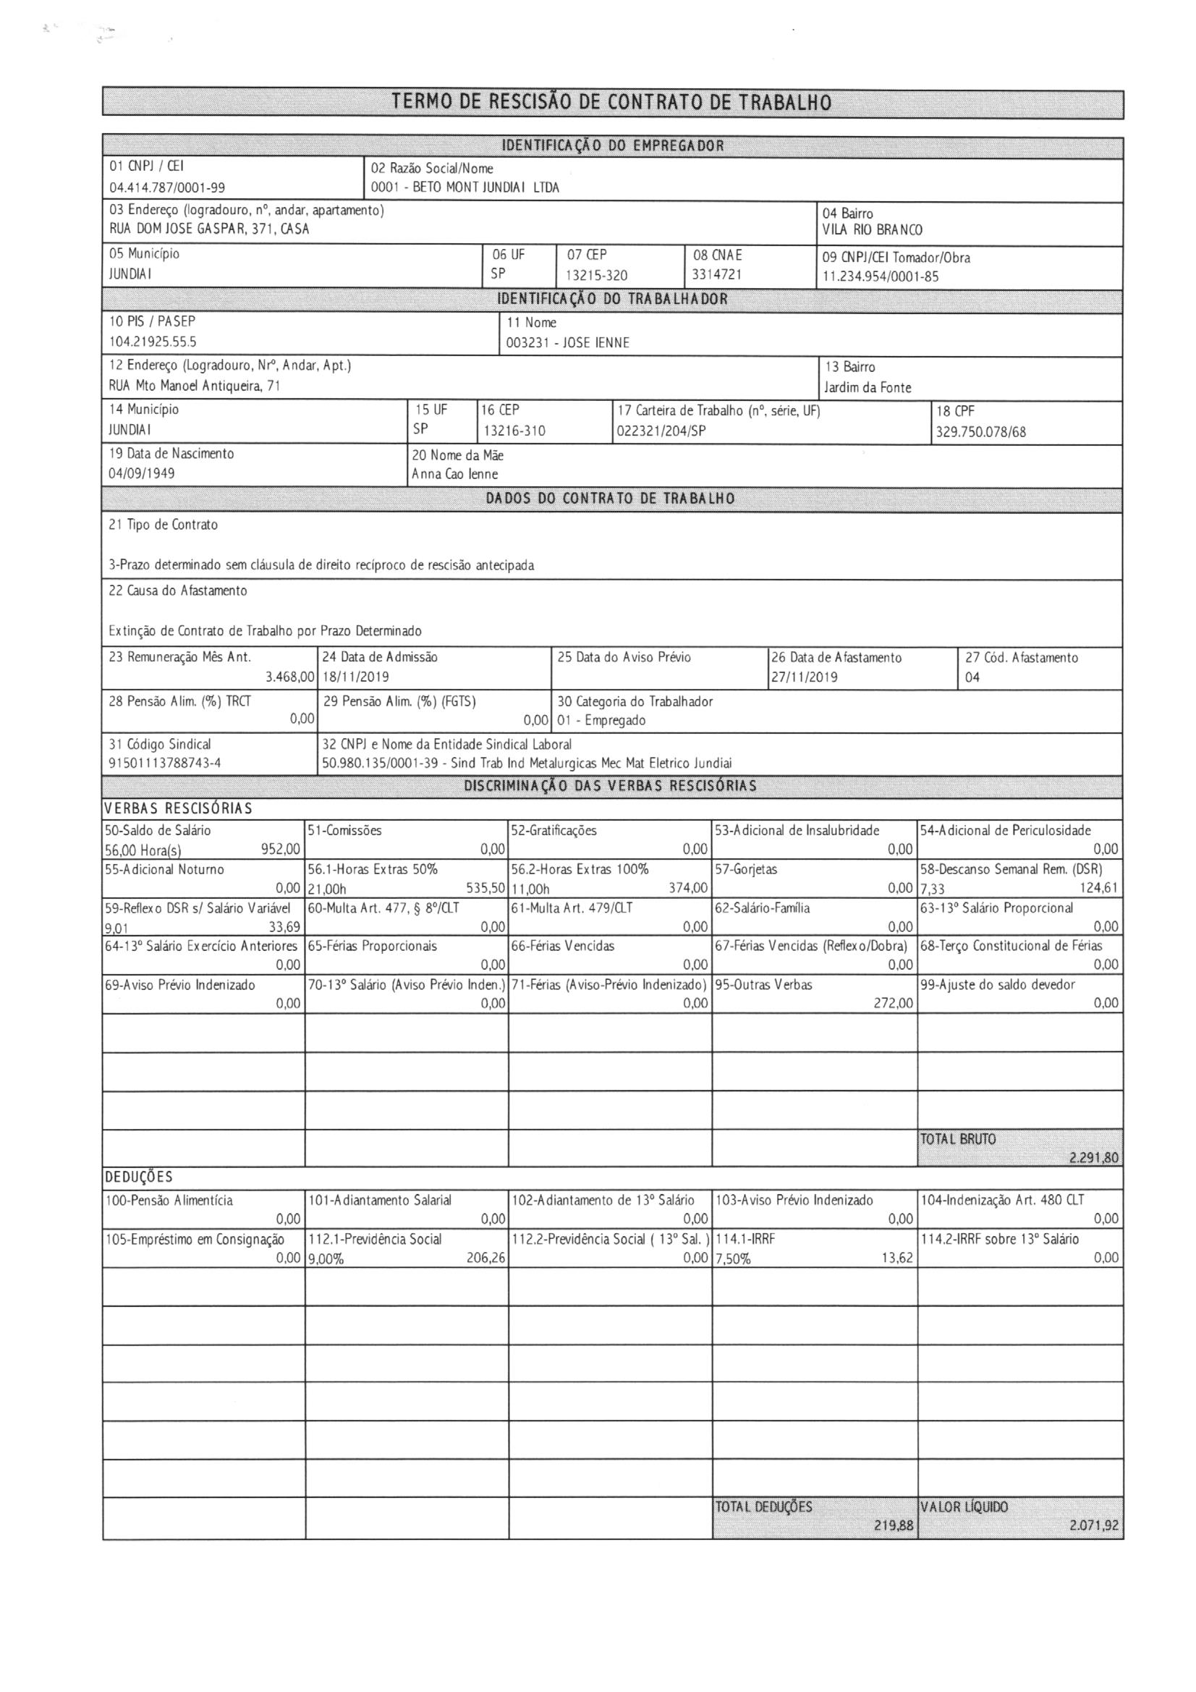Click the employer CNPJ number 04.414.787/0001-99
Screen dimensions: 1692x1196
(167, 188)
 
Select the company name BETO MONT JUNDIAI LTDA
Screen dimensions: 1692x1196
(485, 187)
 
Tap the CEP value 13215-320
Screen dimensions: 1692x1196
(596, 276)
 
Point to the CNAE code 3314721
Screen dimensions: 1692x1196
(717, 275)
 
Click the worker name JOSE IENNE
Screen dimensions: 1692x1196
(596, 343)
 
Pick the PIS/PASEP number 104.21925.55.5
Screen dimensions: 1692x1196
(153, 342)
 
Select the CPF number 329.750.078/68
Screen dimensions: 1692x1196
(981, 432)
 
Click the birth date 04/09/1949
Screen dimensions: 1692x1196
(142, 473)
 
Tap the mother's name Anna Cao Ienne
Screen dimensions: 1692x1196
(454, 474)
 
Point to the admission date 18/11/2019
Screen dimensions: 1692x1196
(355, 677)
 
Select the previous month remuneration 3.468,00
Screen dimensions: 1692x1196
(290, 677)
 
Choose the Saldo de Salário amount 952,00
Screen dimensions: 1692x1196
(281, 849)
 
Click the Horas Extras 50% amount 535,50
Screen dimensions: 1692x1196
(485, 888)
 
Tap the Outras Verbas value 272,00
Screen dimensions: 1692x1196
(894, 1003)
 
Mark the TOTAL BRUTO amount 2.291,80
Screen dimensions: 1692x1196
(1093, 1158)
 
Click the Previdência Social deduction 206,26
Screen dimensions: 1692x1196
(485, 1258)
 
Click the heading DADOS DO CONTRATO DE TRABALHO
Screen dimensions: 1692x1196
(610, 499)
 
